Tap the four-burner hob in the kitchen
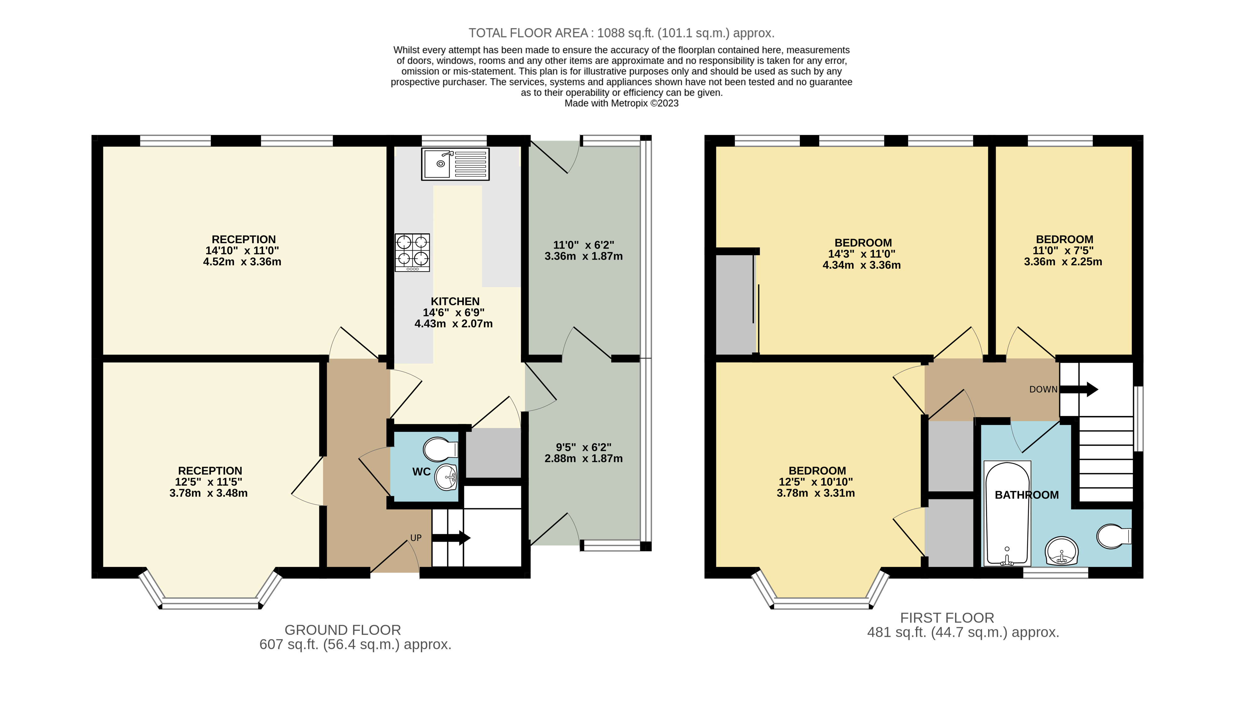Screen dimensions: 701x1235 click(x=412, y=252)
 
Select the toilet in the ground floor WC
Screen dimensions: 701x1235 click(x=440, y=449)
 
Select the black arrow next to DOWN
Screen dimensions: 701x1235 click(x=1079, y=389)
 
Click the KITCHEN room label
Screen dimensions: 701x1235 click(x=455, y=301)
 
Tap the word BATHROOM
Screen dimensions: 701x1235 click(x=1027, y=495)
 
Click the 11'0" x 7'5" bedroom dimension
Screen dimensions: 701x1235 click(x=1063, y=250)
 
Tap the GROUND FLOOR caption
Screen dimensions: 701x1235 click(x=343, y=630)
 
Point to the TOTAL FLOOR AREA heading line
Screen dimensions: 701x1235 click(x=621, y=33)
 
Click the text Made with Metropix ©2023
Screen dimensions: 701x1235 click(x=621, y=103)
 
